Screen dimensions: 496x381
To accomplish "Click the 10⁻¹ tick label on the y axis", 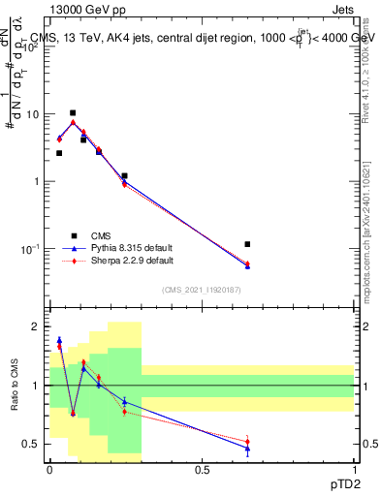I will pos(31,249).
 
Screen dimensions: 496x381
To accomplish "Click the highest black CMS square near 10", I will pos(73,112).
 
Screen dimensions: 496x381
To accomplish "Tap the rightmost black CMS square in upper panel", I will pos(247,244).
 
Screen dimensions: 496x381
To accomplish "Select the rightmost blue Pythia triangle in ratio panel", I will pos(247,449).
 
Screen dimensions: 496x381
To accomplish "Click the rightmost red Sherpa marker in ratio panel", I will pos(247,442).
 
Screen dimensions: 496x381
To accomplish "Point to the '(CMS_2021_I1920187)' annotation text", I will pos(202,289).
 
